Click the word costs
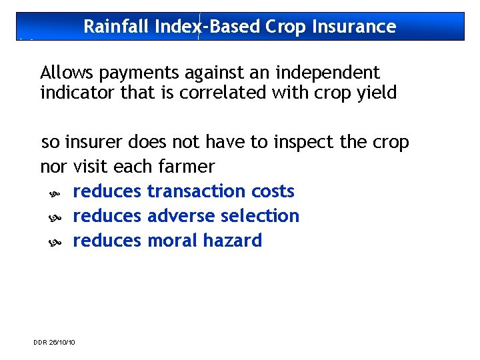tap(273, 191)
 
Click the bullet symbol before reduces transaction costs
tap(55, 193)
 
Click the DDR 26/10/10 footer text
tap(54, 342)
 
